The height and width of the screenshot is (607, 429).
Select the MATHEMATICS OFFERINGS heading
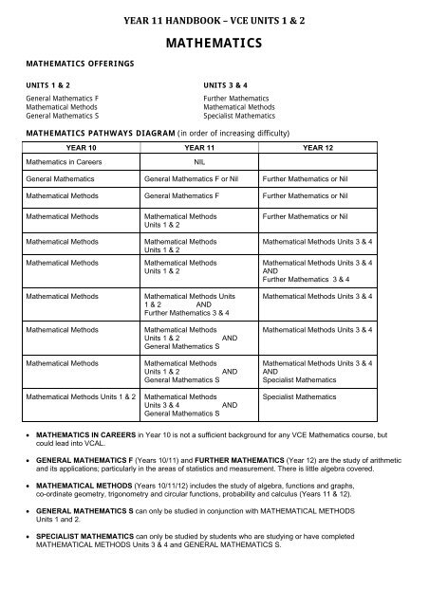coord(72,63)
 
